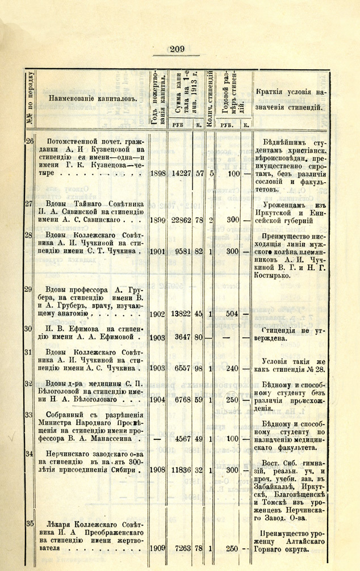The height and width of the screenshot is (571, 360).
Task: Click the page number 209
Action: (177, 49)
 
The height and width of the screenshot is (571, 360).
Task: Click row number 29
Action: (27, 290)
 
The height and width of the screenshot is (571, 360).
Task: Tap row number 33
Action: (27, 415)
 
